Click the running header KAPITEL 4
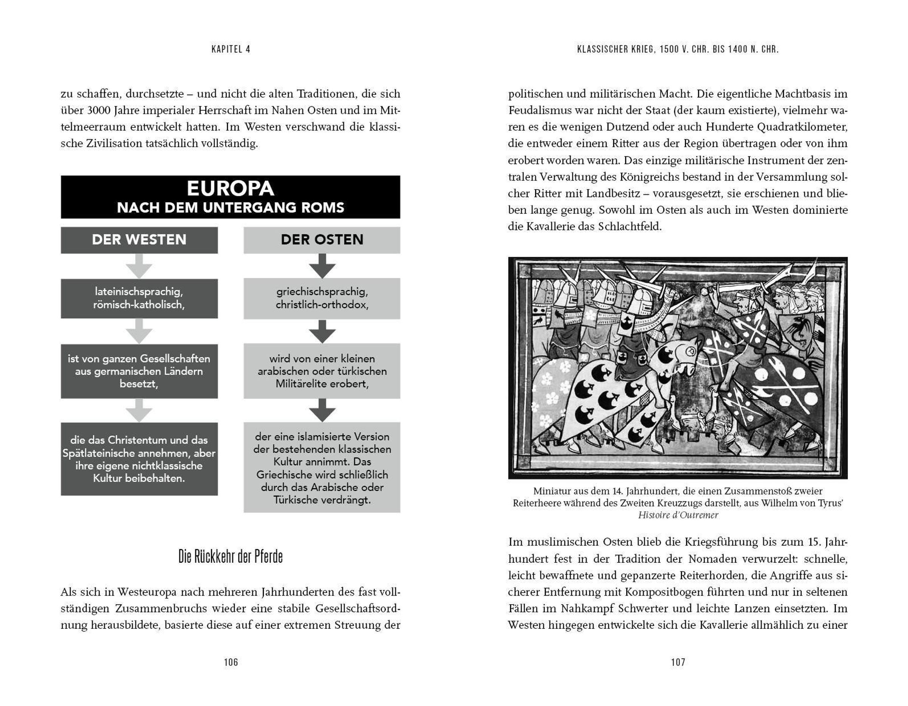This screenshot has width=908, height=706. coord(231,49)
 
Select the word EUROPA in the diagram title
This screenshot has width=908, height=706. coord(230,188)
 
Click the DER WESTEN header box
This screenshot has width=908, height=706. coord(139,240)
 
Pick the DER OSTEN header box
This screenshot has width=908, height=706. coord(322,240)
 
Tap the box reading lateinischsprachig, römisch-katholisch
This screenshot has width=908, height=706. coord(139,298)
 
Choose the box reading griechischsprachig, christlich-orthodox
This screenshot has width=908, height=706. coord(322,298)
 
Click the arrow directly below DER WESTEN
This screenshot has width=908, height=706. coord(139,266)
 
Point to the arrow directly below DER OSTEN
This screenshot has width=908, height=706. coord(322,266)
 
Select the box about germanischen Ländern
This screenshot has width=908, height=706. coord(139,371)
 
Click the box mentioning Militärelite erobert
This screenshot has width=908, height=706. coord(322,371)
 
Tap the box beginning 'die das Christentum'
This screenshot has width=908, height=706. coord(139,459)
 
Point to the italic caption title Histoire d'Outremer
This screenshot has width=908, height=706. coord(678,515)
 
